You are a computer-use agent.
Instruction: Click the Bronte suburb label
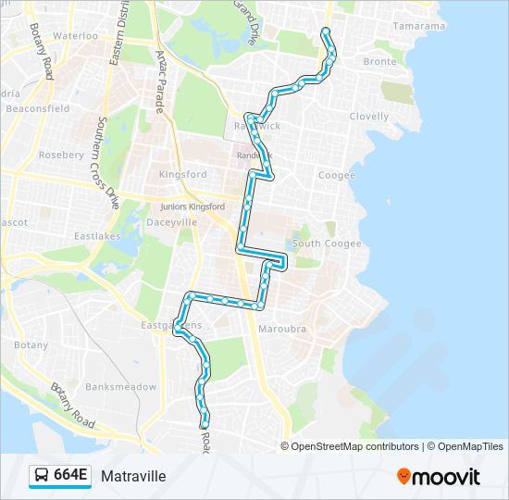[x=379, y=61]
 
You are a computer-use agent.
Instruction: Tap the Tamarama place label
[x=418, y=26]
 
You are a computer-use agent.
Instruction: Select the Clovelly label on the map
[x=369, y=117]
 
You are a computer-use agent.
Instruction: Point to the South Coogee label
[x=327, y=244]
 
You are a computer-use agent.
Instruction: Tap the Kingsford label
[x=182, y=174]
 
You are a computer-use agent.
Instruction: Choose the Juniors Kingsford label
[x=192, y=206]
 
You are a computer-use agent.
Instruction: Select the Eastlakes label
[x=97, y=236]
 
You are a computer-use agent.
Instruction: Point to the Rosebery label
[x=62, y=155]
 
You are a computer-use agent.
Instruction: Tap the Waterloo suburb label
[x=75, y=35]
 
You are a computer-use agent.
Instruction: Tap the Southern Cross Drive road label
[x=106, y=162]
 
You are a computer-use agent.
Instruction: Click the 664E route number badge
[x=61, y=476]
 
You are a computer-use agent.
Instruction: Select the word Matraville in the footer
[x=133, y=477]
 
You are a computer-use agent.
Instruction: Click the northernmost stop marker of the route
[x=325, y=32]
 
